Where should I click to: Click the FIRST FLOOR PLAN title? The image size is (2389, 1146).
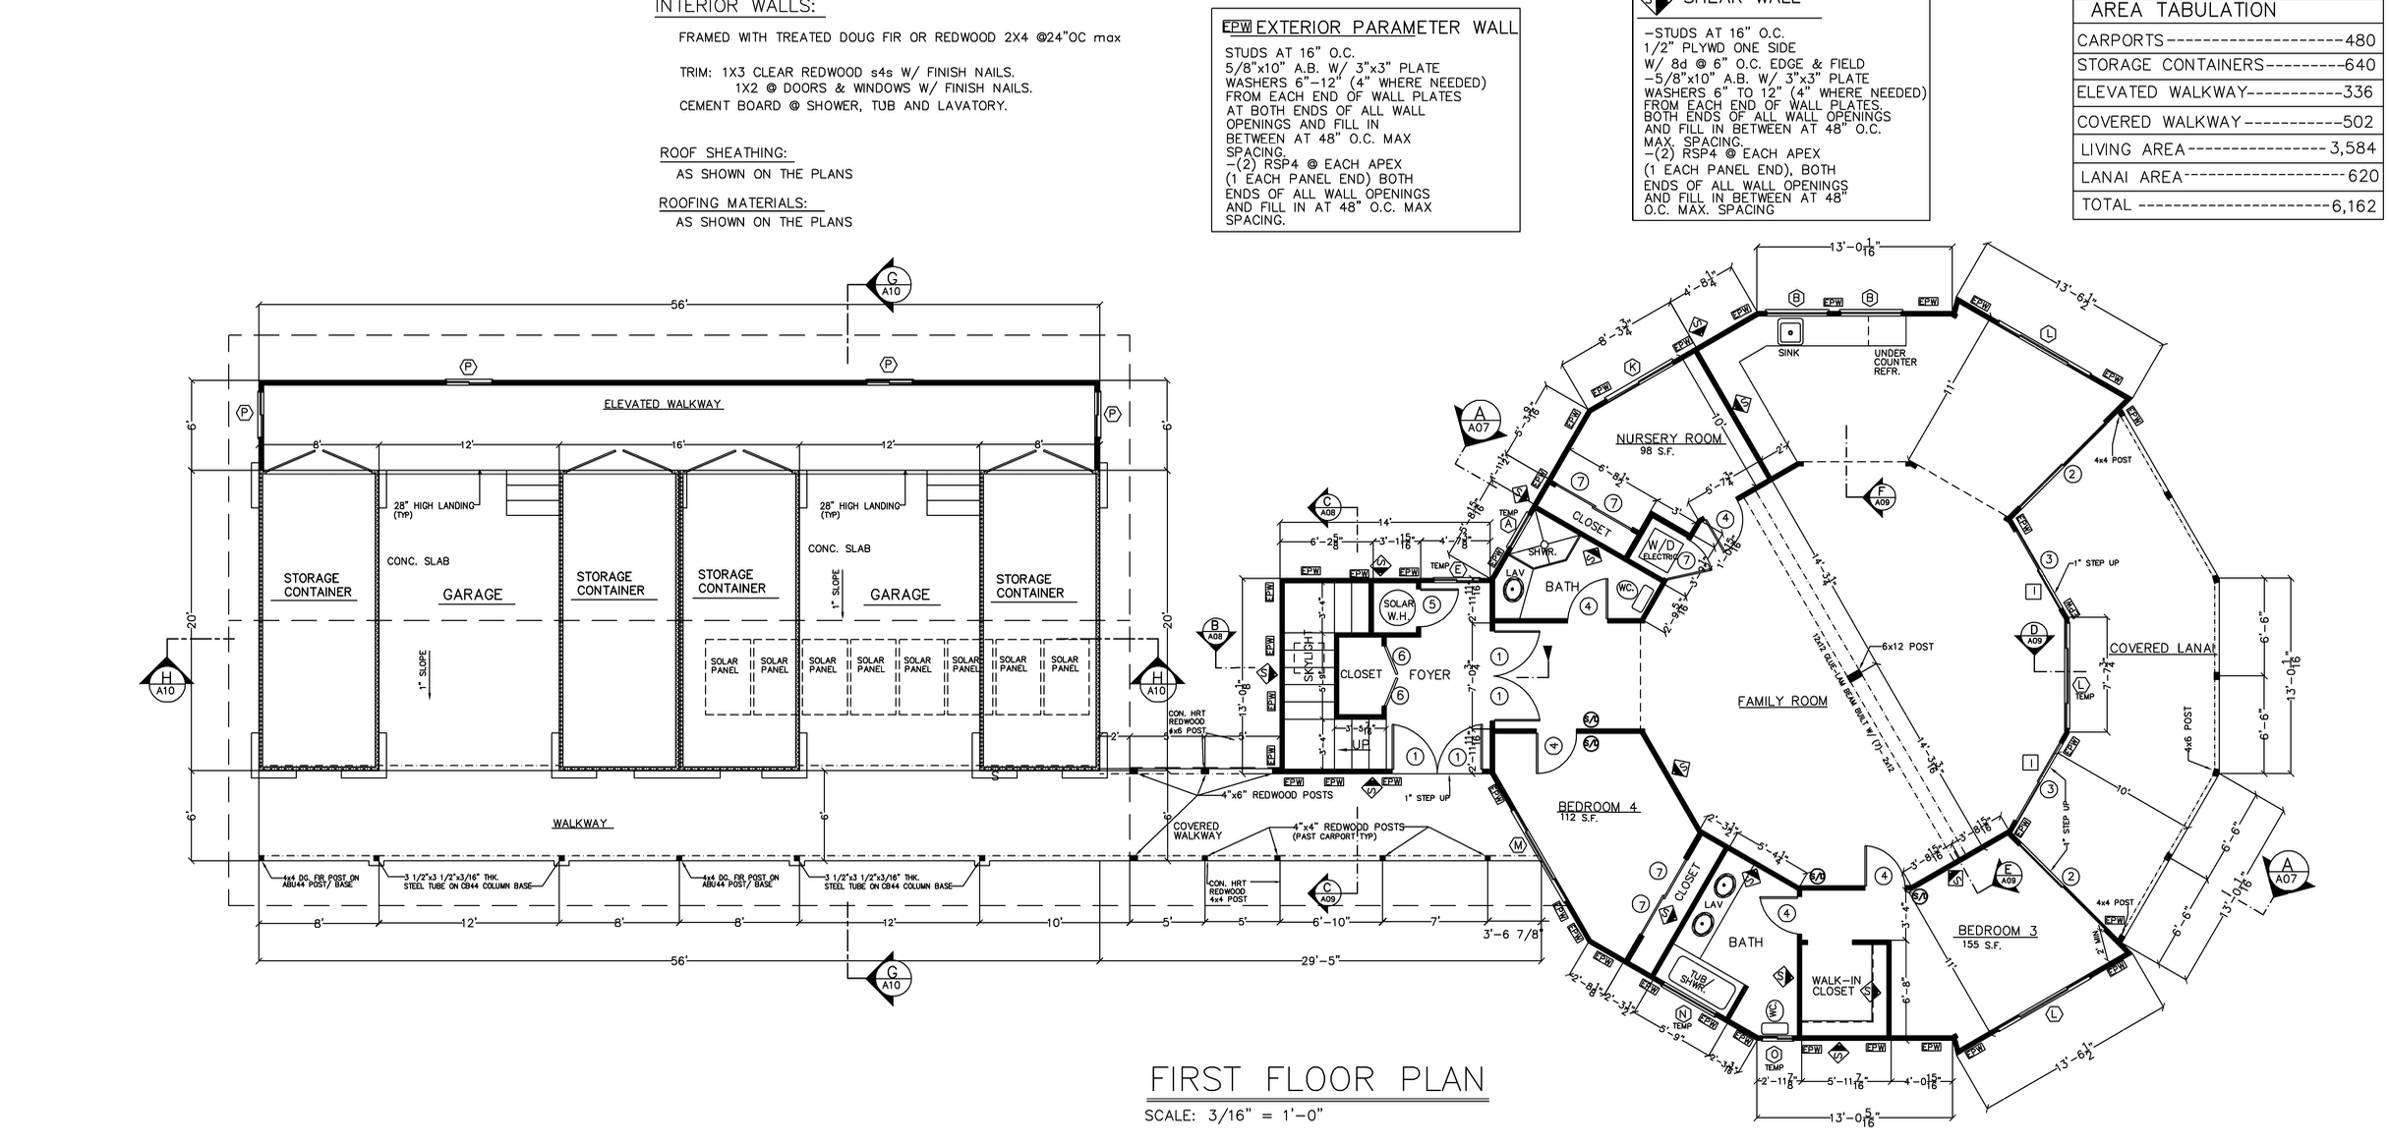1317,1079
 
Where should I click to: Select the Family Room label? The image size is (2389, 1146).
1781,701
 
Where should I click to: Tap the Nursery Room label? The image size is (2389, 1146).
1669,438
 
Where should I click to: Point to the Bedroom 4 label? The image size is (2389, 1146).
1598,807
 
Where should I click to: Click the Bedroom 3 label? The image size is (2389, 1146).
1997,930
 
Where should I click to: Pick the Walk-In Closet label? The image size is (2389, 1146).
1835,986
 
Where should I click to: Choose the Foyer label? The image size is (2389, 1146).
1429,675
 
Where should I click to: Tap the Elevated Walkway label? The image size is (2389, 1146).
663,404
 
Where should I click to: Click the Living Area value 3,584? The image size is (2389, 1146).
2352,148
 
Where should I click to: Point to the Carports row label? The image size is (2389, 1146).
2120,40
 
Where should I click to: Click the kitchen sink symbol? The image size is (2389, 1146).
1789,329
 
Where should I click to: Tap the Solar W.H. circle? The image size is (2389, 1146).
1398,610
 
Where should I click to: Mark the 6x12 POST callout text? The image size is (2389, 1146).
1907,647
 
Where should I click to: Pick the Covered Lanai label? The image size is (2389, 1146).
2161,648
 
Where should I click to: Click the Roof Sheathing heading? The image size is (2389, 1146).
724,153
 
